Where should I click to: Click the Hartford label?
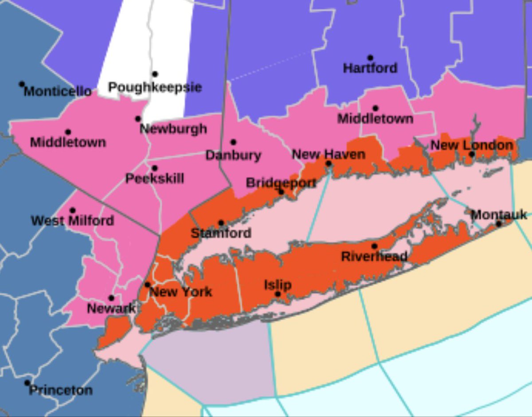pyautogui.click(x=370, y=68)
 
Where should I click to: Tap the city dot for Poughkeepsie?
pyautogui.click(x=155, y=74)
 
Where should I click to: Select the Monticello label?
pyautogui.click(x=58, y=92)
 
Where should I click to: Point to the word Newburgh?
pyautogui.click(x=173, y=129)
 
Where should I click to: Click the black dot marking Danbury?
pyautogui.click(x=233, y=142)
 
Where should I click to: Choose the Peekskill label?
pyautogui.click(x=155, y=179)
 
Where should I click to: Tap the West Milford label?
pyautogui.click(x=72, y=220)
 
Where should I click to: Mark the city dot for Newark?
pyautogui.click(x=111, y=298)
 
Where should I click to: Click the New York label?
pyautogui.click(x=180, y=292)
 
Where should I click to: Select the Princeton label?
pyautogui.click(x=61, y=390)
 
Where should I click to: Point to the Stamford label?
pyautogui.click(x=221, y=233)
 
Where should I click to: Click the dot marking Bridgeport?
pyautogui.click(x=281, y=192)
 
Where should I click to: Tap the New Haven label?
pyautogui.click(x=329, y=154)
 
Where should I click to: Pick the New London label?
pyautogui.click(x=472, y=145)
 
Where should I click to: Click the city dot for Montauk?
pyautogui.click(x=498, y=224)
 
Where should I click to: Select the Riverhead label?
pyautogui.click(x=374, y=256)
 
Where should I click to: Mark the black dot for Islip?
pyautogui.click(x=278, y=294)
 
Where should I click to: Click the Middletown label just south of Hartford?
pyautogui.click(x=375, y=119)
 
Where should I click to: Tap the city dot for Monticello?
pyautogui.click(x=21, y=84)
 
